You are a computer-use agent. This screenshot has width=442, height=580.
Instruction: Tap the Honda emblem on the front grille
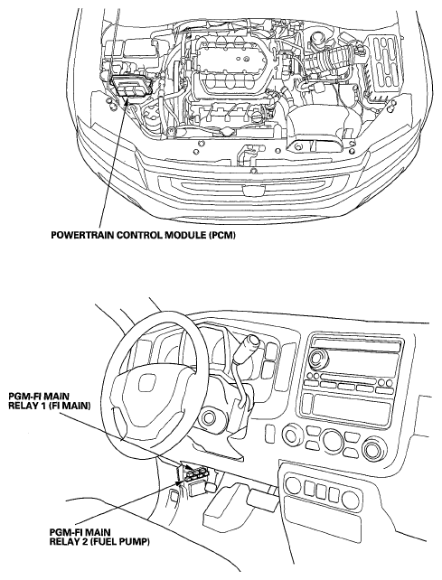pyautogui.click(x=251, y=191)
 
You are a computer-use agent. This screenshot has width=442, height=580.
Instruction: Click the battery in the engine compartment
pyautogui.click(x=384, y=67)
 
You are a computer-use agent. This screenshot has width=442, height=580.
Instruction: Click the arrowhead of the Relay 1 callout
pyautogui.click(x=187, y=468)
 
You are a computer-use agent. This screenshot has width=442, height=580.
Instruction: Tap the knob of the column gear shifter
pyautogui.click(x=250, y=343)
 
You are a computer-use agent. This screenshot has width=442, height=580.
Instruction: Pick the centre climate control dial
pyautogui.click(x=332, y=439)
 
